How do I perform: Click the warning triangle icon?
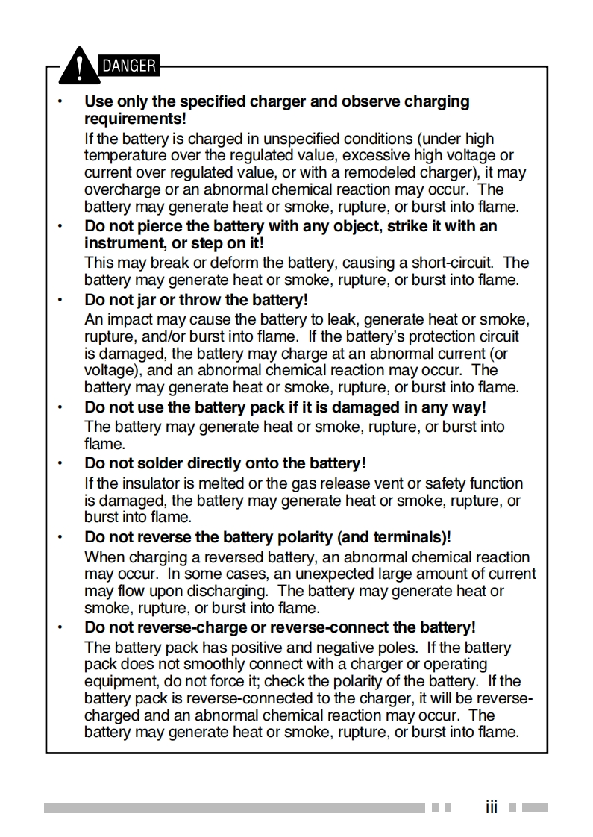pyautogui.click(x=78, y=66)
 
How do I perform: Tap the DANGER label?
pyautogui.click(x=128, y=66)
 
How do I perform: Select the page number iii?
pyautogui.click(x=491, y=807)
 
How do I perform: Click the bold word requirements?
pyautogui.click(x=134, y=119)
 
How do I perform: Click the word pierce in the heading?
pyautogui.click(x=163, y=226)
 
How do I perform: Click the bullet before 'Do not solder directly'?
pyautogui.click(x=61, y=463)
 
